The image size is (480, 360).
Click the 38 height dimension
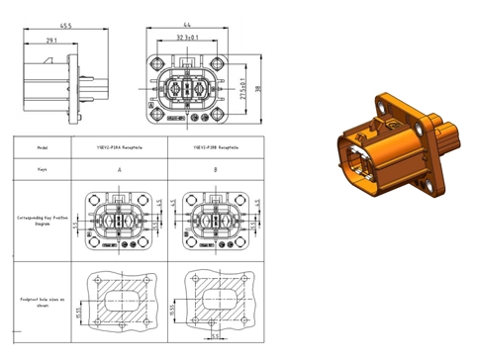tap(260, 88)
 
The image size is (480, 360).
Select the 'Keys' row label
tap(43, 168)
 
